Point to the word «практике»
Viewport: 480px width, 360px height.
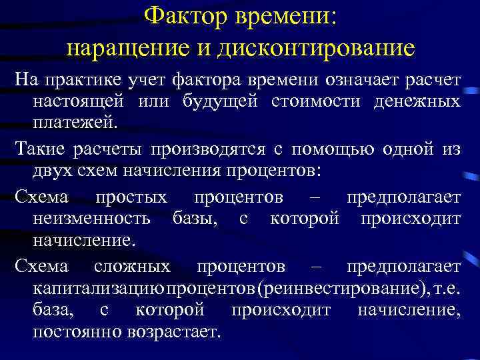pos(83,81)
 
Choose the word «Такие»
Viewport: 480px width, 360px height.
pos(39,149)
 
